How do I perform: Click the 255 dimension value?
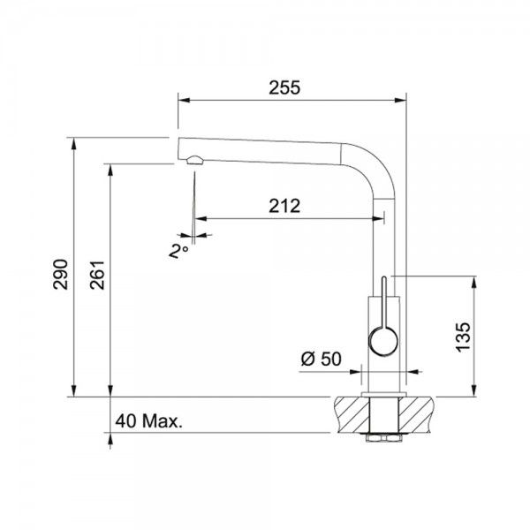(x=284, y=87)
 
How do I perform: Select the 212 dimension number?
(x=284, y=206)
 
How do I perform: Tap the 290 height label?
(x=60, y=275)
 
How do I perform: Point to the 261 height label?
(x=97, y=275)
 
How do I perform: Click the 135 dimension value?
(x=463, y=337)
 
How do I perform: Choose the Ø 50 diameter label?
(x=322, y=359)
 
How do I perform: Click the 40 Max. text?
(x=148, y=421)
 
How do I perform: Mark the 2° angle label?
(x=178, y=252)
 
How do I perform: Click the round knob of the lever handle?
(x=383, y=341)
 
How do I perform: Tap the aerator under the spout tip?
(x=194, y=160)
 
